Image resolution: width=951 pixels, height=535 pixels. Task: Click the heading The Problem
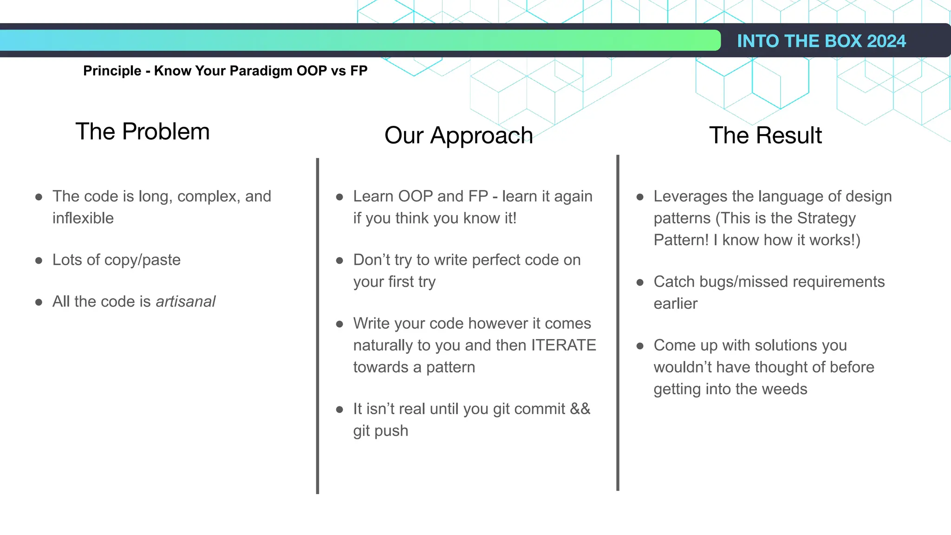(143, 131)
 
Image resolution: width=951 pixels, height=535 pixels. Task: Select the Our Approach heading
(458, 135)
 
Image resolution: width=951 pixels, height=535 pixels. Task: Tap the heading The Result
(765, 135)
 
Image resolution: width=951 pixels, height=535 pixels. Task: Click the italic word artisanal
(185, 301)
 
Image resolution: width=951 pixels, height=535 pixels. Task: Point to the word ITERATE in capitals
(563, 345)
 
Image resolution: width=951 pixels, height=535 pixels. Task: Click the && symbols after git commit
(580, 409)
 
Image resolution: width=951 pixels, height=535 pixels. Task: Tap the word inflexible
(83, 218)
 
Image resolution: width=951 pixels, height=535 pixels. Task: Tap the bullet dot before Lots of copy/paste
(39, 261)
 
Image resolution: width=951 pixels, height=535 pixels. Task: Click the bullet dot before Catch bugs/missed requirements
(640, 282)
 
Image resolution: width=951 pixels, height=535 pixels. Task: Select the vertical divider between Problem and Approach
(318, 325)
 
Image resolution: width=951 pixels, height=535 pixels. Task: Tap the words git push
(380, 431)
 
